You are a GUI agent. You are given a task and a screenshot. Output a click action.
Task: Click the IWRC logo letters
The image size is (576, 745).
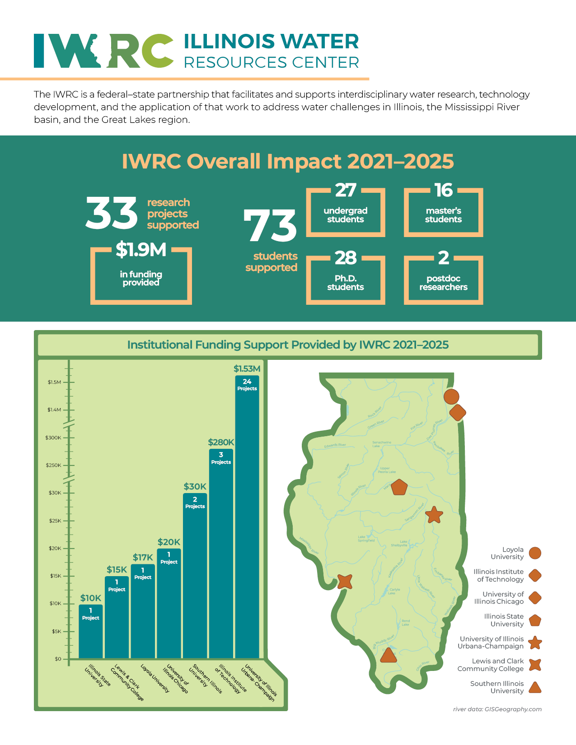(x=103, y=51)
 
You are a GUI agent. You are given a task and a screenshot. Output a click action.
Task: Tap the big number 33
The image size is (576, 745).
(x=112, y=213)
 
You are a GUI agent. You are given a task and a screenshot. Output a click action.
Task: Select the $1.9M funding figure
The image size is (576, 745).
(x=141, y=250)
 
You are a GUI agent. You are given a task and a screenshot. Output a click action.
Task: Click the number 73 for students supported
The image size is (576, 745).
(x=270, y=225)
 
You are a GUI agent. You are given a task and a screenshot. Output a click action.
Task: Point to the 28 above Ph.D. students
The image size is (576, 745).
(x=346, y=258)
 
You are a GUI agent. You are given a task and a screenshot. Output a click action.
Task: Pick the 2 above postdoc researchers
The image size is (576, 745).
(x=444, y=258)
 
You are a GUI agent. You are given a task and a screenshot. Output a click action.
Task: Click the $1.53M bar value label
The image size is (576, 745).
(x=247, y=369)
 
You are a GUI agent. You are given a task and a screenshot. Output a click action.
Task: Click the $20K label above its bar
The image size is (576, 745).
(x=169, y=542)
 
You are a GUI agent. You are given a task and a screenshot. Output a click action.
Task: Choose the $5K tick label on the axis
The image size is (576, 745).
(x=56, y=631)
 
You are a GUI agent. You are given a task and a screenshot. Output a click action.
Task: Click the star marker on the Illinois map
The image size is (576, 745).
(x=434, y=514)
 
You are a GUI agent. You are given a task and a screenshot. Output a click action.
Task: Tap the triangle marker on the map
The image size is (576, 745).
(x=388, y=656)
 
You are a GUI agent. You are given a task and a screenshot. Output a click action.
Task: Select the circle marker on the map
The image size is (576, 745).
(x=451, y=396)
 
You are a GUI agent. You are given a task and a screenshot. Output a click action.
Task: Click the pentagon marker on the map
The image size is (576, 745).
(x=399, y=487)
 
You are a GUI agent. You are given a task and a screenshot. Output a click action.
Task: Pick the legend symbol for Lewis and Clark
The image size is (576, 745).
(x=535, y=665)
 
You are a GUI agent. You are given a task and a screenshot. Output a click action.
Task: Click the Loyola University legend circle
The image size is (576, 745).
(x=535, y=553)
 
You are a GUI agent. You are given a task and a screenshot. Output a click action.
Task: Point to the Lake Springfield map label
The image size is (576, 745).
(x=366, y=539)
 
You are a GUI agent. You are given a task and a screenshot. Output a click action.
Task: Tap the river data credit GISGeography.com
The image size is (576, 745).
(x=497, y=709)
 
